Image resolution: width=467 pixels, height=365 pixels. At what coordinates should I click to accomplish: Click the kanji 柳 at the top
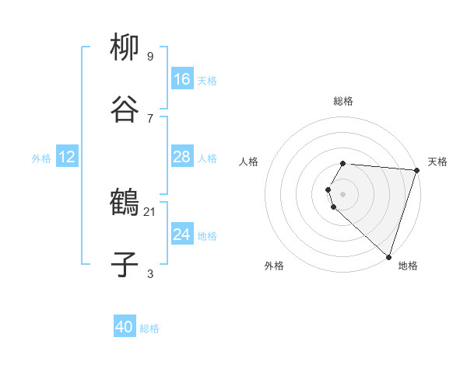(125, 47)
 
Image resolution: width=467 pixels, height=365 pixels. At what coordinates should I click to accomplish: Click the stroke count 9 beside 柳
(149, 57)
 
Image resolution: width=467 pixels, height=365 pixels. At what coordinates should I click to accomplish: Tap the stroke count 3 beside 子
(149, 273)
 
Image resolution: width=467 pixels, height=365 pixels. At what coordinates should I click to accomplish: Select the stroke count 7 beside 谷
(149, 118)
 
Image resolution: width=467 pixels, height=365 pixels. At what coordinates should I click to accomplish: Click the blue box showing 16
(182, 79)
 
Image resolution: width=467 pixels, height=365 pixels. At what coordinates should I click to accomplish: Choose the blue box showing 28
(182, 157)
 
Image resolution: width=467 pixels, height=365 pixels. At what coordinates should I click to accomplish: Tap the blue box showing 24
(182, 235)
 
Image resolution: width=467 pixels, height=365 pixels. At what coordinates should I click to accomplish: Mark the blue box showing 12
(67, 157)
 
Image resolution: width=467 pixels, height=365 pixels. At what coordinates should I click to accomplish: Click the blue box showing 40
(125, 328)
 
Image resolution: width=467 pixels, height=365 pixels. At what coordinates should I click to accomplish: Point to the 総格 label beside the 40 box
(149, 328)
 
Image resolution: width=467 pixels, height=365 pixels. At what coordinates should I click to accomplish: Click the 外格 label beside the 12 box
(41, 158)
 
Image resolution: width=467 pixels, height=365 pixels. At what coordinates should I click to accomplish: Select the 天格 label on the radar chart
(437, 162)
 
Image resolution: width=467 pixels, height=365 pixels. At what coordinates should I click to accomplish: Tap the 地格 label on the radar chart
(408, 266)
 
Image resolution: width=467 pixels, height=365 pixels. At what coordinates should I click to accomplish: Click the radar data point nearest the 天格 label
(416, 170)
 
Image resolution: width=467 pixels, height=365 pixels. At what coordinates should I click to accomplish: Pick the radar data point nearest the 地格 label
(388, 256)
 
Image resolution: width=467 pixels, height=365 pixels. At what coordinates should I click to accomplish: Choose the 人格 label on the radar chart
(249, 162)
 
